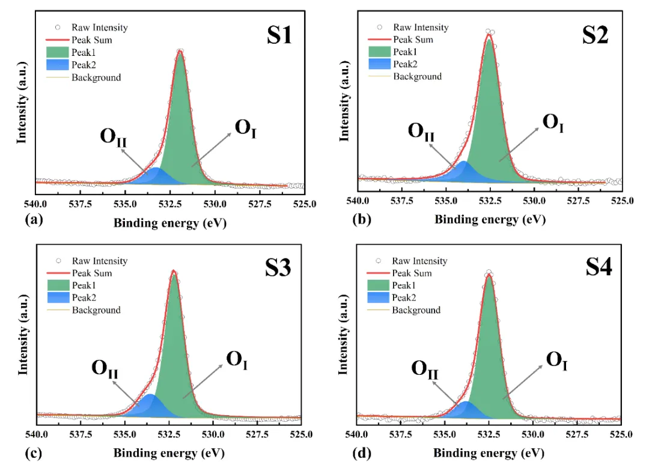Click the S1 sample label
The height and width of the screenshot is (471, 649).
[279, 37]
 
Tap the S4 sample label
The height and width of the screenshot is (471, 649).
[599, 267]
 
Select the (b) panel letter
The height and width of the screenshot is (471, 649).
[362, 219]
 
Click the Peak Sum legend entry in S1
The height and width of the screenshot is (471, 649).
[91, 40]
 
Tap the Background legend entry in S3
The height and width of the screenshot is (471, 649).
[96, 310]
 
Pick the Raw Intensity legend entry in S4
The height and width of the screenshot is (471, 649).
[419, 261]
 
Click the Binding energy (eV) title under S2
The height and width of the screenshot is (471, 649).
[490, 219]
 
